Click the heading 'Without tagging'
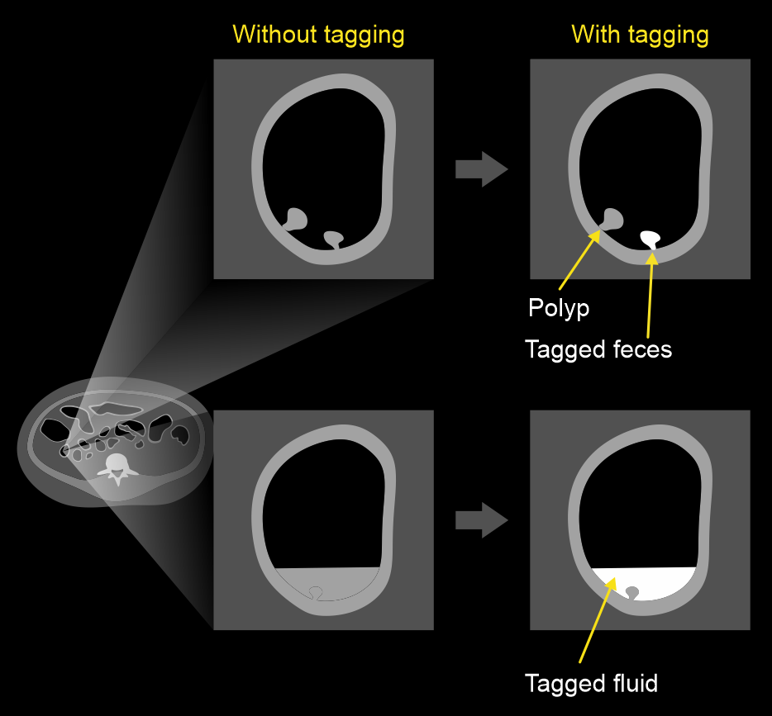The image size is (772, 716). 318,35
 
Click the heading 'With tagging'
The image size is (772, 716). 640,35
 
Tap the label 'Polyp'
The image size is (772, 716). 559,308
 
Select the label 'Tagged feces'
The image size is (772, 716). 598,349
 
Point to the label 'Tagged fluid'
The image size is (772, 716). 591,684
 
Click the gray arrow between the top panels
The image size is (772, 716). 481,170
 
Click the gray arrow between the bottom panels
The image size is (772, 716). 481,521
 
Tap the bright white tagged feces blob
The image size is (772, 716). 650,239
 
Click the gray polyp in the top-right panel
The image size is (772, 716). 612,219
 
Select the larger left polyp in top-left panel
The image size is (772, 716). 296,219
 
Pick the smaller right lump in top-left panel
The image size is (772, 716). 333,239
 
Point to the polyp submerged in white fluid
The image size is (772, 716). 633,592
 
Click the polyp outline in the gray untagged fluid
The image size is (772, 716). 315,591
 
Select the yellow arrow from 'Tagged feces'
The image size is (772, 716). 650,293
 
